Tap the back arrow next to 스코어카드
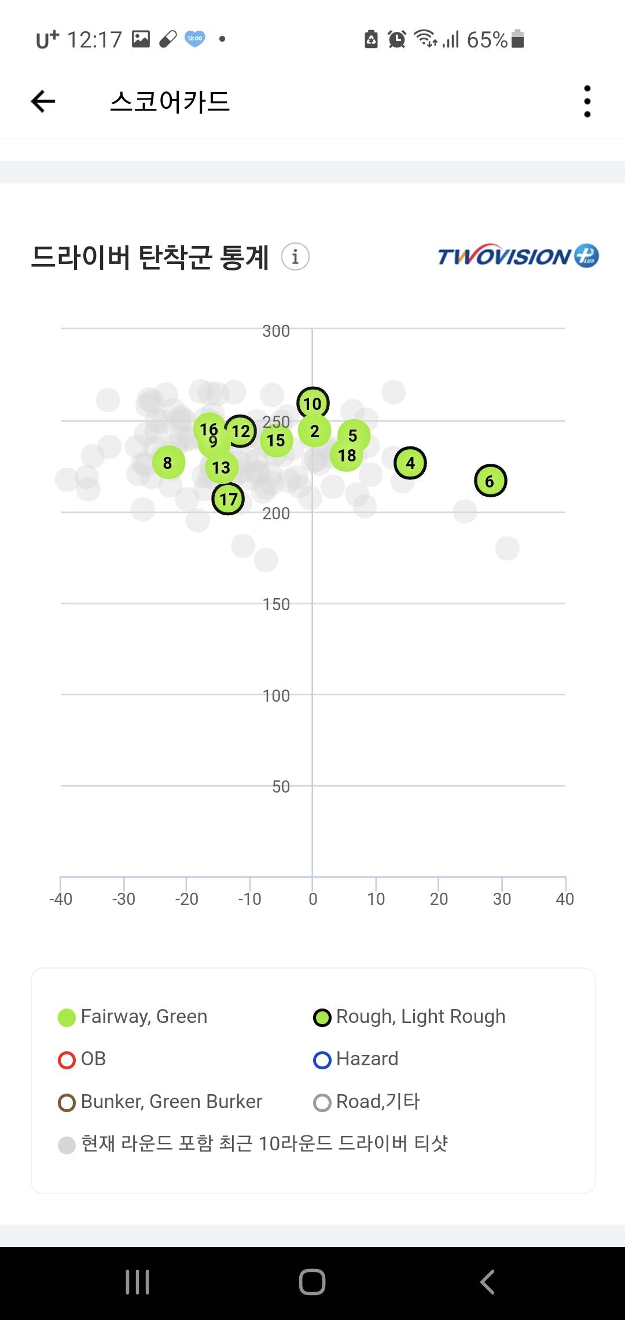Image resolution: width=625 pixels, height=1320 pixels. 43,102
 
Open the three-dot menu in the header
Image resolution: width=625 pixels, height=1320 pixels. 587,102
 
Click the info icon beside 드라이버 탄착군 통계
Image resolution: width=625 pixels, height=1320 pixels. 295,256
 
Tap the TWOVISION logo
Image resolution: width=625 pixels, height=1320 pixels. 517,255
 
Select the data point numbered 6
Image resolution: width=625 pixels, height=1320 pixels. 490,481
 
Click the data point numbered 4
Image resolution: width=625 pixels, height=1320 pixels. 410,463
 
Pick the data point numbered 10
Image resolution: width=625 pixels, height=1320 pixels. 312,404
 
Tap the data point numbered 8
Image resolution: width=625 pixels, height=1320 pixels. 168,463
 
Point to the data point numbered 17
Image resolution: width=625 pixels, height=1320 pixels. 228,499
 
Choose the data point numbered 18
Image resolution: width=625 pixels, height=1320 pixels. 347,456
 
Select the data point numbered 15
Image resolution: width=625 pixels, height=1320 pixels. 276,441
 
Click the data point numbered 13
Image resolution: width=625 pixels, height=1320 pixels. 221,468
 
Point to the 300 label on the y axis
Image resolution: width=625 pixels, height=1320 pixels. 276,331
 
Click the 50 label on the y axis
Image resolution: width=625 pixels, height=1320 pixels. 281,787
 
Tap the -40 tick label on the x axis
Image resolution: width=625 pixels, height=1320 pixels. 61,899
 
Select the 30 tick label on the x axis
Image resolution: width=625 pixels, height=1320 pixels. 502,899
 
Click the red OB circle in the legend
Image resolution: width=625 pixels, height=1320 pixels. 67,1060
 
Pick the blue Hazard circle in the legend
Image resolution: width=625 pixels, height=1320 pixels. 322,1060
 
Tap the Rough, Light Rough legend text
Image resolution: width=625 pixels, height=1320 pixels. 421,1017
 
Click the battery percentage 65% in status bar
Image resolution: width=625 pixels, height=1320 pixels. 487,40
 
